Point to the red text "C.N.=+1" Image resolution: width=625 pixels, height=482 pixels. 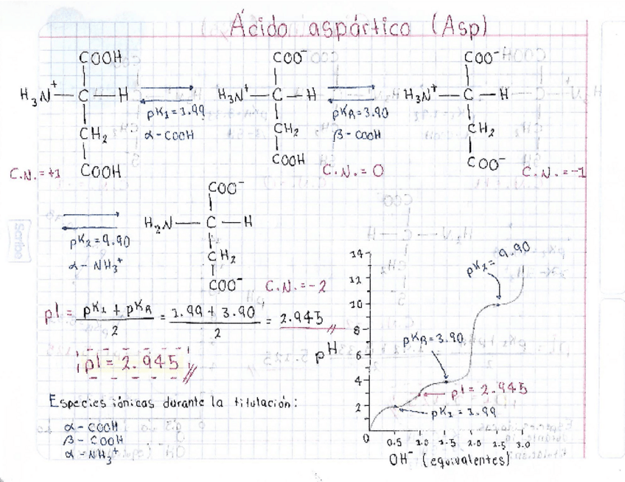(x=35, y=175)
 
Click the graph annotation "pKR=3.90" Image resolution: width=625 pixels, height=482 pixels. (x=433, y=340)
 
